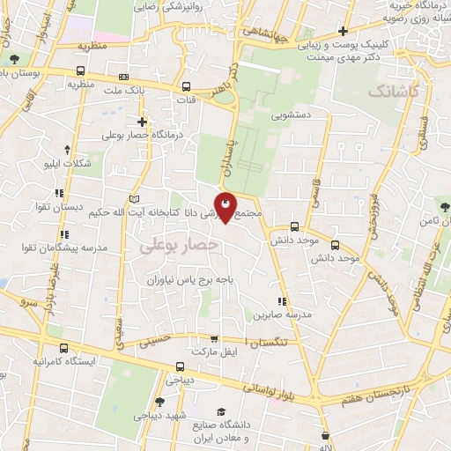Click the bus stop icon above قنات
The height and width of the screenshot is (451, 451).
[x=187, y=87]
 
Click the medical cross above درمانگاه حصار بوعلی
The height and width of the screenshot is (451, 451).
[x=142, y=121]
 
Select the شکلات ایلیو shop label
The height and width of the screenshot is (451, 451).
[x=67, y=164]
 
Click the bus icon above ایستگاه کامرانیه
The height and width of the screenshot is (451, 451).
[x=59, y=347]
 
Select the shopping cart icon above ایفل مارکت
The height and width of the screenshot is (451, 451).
[x=214, y=338]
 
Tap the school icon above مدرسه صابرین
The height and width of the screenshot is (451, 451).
[x=281, y=301]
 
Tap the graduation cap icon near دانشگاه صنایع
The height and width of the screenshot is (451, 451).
[x=221, y=412]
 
